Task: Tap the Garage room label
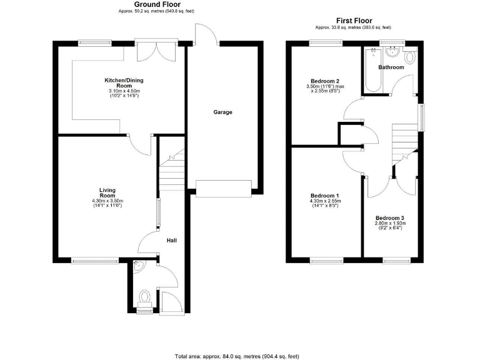[222, 112]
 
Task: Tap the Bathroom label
[391, 67]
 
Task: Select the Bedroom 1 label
[324, 196]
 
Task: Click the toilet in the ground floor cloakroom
[144, 297]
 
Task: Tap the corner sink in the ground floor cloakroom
[138, 267]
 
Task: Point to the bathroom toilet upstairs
[410, 57]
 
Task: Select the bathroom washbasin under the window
[392, 52]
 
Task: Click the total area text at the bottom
[237, 356]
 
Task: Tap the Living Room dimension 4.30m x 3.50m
[108, 201]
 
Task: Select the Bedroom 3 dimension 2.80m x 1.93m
[390, 223]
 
